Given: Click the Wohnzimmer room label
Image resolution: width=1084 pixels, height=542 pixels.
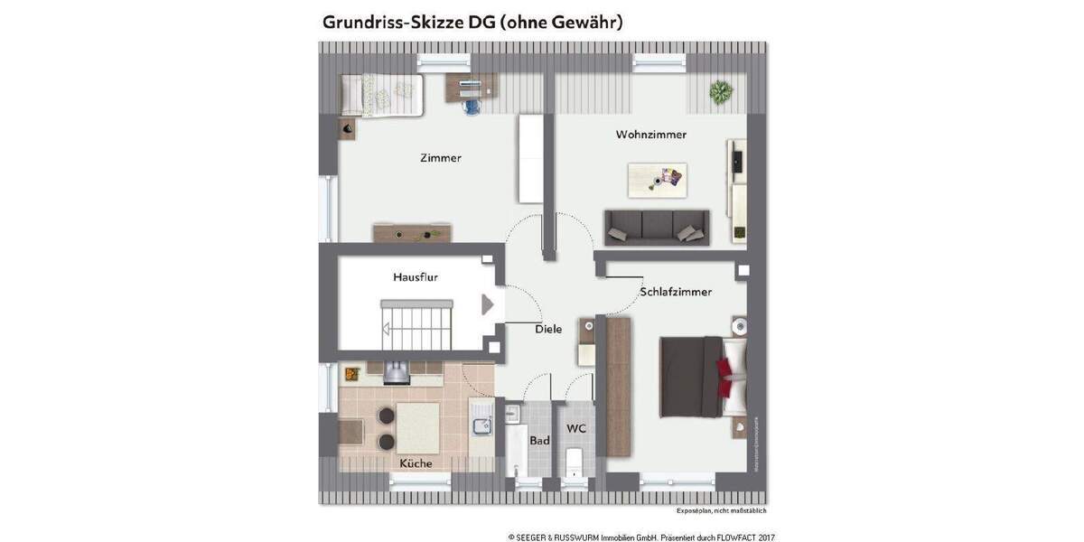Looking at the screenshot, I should (650, 135).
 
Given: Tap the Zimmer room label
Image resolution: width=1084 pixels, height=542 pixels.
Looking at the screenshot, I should (441, 158).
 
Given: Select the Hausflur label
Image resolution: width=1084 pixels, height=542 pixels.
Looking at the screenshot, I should (416, 277).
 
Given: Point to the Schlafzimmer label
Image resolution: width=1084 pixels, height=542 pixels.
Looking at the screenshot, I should (676, 292).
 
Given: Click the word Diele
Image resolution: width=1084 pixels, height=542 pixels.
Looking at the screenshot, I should (548, 329).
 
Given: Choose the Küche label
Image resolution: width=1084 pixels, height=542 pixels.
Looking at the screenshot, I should (416, 463).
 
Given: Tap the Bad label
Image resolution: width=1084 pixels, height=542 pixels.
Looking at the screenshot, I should (539, 442).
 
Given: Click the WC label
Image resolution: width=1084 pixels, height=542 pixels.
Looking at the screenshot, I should (576, 428).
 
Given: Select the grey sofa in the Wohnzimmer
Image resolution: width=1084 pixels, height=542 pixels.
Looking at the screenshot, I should (657, 227).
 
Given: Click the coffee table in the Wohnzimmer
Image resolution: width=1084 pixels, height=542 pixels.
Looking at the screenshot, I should (658, 179).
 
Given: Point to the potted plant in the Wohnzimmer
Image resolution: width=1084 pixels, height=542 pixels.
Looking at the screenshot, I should (720, 91).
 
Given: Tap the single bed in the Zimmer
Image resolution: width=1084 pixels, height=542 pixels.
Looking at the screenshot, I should (381, 95).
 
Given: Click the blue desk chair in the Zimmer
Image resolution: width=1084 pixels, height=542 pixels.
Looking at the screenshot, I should (470, 105).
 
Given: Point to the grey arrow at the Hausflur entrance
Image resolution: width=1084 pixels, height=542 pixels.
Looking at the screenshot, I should (488, 304).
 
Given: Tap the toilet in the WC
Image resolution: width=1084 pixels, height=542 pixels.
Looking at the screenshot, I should (573, 464).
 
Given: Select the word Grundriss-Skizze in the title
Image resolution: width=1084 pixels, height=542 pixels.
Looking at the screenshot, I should (391, 23).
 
